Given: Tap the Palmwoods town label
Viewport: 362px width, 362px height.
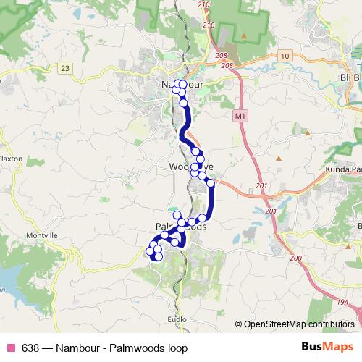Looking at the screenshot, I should click(181, 227).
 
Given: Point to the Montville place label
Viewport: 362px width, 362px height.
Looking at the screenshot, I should click(41, 236).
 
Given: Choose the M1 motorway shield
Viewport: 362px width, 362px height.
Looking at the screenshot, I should click(240, 115).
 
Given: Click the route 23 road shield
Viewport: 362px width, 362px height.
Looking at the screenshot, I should click(67, 67).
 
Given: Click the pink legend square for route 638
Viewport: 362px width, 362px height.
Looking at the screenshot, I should click(11, 348).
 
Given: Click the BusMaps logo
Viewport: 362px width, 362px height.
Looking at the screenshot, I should click(327, 348).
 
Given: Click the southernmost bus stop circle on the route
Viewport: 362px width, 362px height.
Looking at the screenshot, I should click(159, 256).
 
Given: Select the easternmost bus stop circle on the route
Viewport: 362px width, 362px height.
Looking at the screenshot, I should click(211, 184).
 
